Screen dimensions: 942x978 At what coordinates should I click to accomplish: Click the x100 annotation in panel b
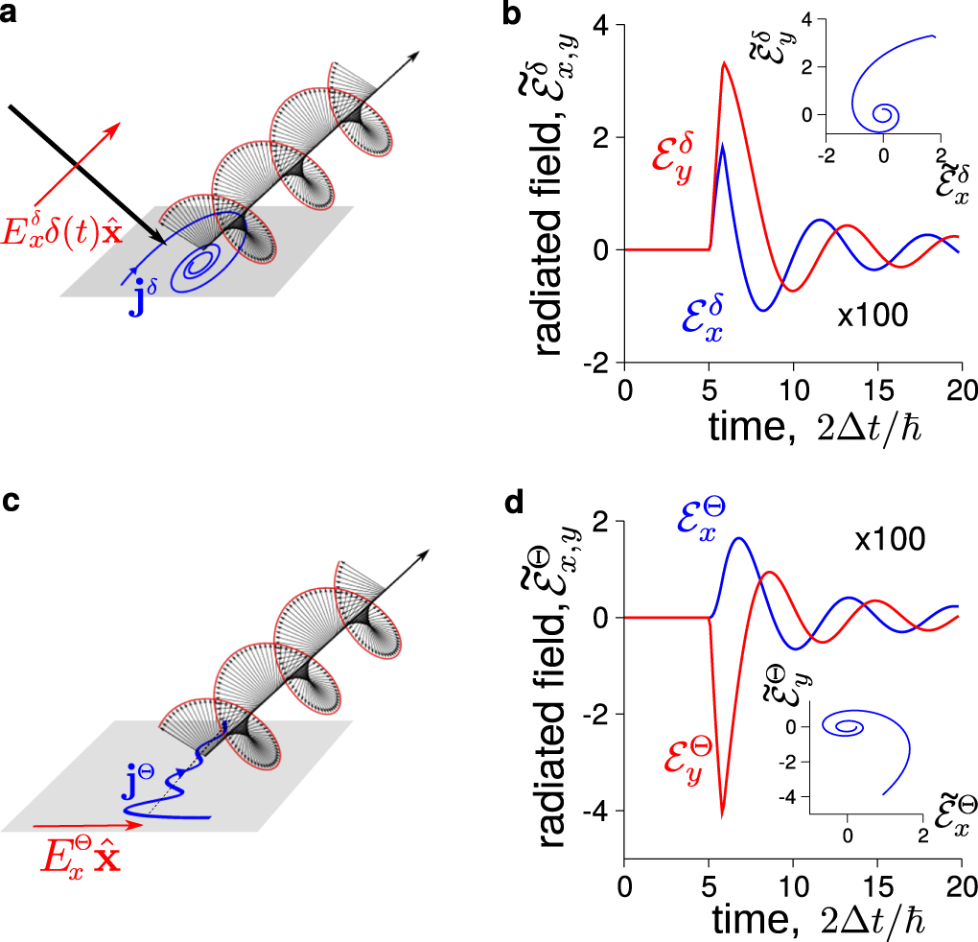[872, 315]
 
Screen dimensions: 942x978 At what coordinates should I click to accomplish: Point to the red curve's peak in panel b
[725, 63]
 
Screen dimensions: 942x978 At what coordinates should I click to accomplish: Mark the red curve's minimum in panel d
[722, 816]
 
